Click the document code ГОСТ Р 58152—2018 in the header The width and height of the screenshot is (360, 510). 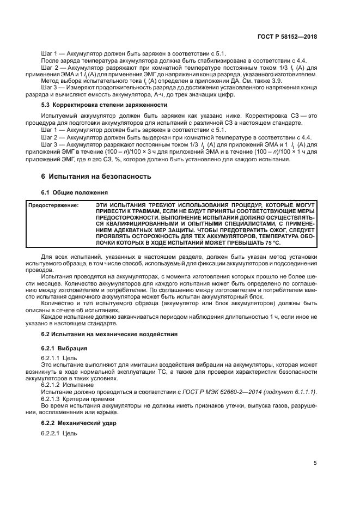click(288, 36)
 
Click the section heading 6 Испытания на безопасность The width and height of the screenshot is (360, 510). click(93, 176)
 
